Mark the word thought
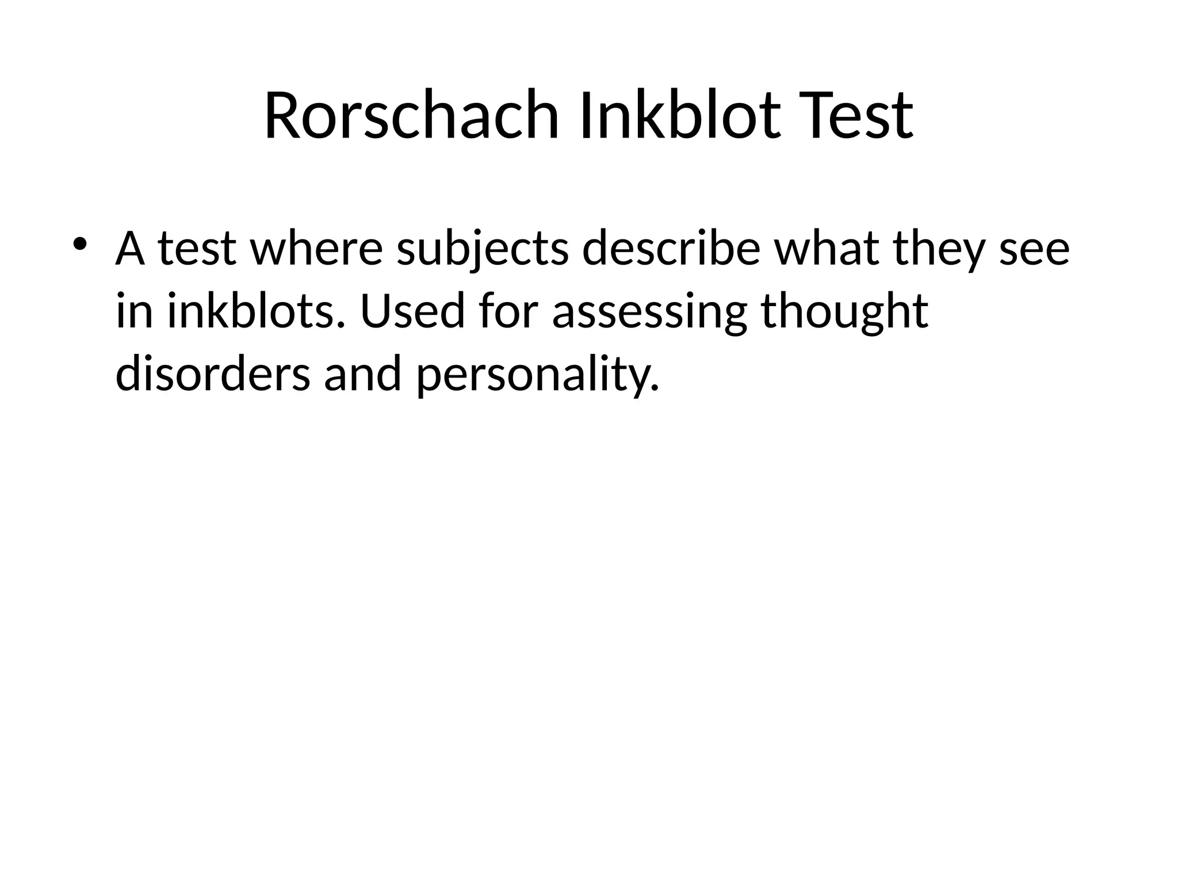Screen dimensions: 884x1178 point(844,311)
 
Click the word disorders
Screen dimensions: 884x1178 point(212,374)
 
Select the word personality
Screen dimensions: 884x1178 point(537,374)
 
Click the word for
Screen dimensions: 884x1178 point(508,311)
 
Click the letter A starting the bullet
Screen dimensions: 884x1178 point(130,249)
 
